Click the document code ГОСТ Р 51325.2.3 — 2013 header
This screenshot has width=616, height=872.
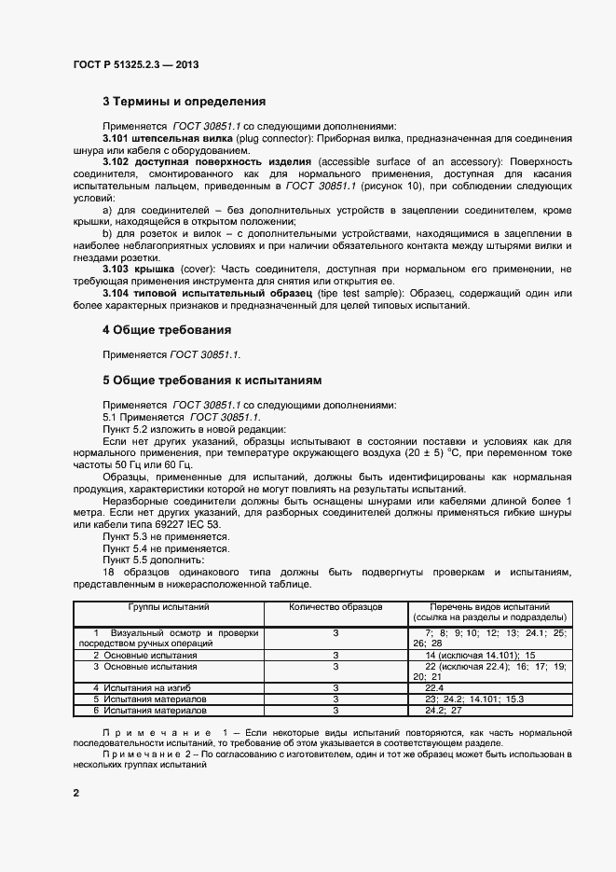tap(135, 65)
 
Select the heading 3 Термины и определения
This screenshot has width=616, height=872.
tap(184, 101)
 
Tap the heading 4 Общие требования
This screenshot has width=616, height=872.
tap(167, 330)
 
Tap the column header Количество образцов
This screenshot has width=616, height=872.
tap(336, 606)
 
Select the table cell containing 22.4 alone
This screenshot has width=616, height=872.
tap(434, 686)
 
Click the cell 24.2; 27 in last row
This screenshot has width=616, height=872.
tap(444, 710)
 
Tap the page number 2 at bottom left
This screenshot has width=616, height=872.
tap(76, 793)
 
